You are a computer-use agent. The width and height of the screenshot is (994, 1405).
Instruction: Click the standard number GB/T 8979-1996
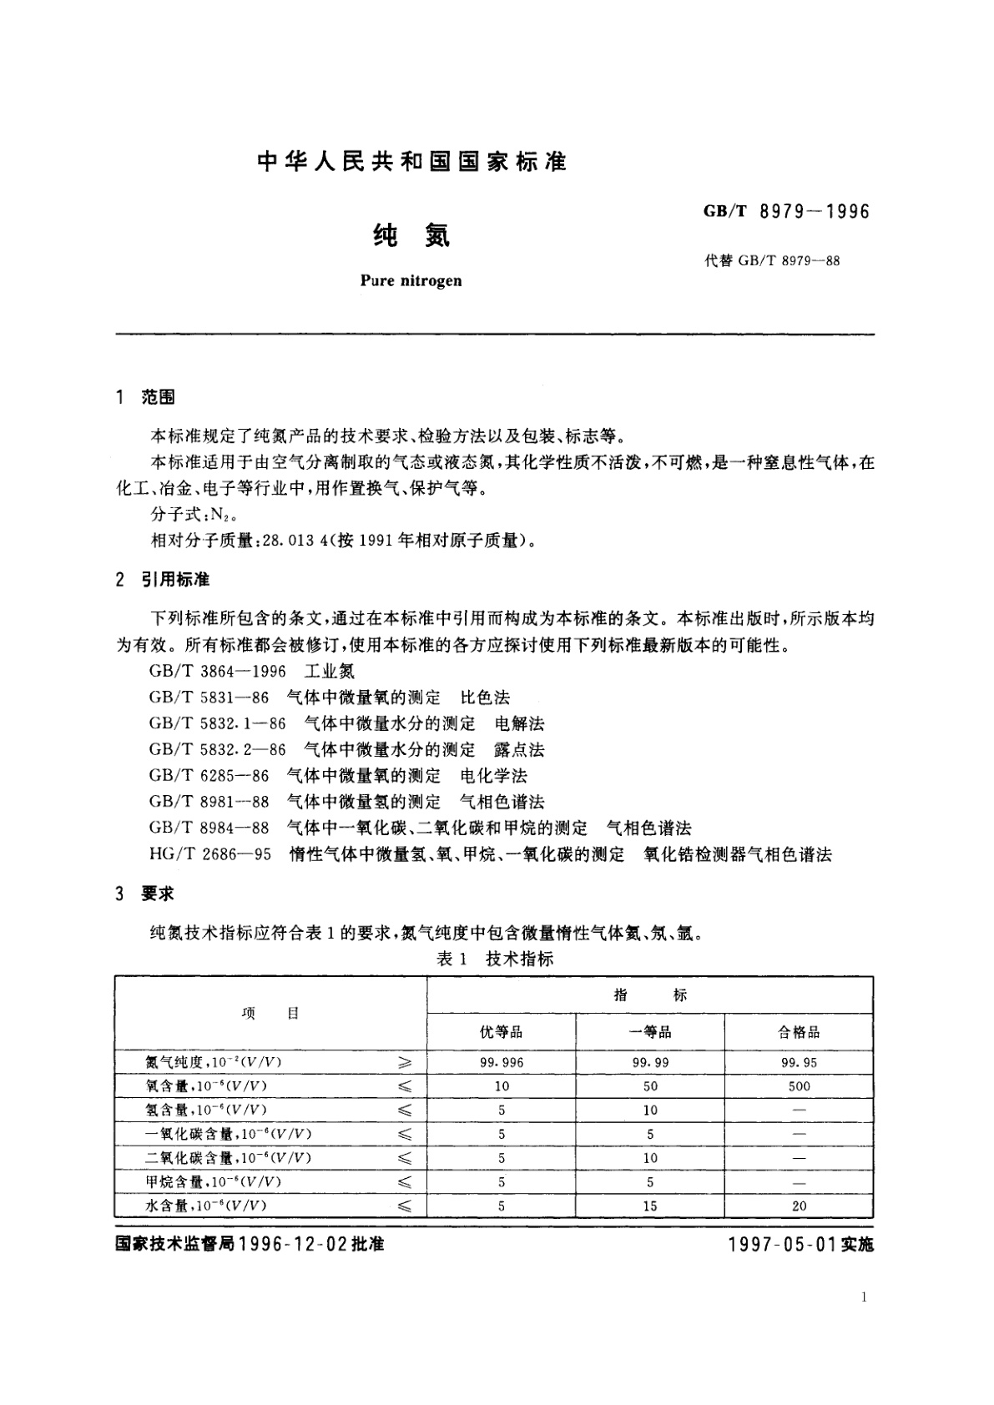pyautogui.click(x=786, y=211)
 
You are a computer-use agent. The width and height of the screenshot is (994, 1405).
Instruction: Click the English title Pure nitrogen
pyautogui.click(x=411, y=280)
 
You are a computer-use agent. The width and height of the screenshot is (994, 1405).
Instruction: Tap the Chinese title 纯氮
pyautogui.click(x=411, y=236)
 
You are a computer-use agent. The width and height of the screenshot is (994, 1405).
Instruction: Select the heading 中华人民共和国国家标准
pyautogui.click(x=412, y=162)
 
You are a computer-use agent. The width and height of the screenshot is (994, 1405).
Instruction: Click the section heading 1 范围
pyautogui.click(x=146, y=397)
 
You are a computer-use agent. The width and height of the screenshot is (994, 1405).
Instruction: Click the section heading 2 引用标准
pyautogui.click(x=164, y=579)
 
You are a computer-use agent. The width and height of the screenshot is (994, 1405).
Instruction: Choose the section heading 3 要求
pyautogui.click(x=146, y=894)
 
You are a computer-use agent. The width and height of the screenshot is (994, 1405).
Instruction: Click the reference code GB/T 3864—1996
pyautogui.click(x=217, y=671)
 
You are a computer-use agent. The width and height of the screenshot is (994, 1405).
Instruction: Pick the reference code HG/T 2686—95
pyautogui.click(x=209, y=854)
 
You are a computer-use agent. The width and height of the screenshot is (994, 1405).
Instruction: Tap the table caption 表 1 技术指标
pyautogui.click(x=495, y=959)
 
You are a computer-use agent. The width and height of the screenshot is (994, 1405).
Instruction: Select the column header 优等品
pyautogui.click(x=501, y=1032)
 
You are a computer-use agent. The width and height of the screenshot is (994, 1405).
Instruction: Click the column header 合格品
pyautogui.click(x=799, y=1032)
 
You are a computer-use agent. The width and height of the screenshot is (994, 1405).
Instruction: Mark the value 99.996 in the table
pyautogui.click(x=502, y=1062)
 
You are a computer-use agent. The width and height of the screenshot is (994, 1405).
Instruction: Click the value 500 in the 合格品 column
pyautogui.click(x=799, y=1086)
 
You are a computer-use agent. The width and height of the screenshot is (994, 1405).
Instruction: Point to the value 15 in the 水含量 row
pyautogui.click(x=650, y=1206)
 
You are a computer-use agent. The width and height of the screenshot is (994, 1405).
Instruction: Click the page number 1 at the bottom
pyautogui.click(x=863, y=1297)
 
